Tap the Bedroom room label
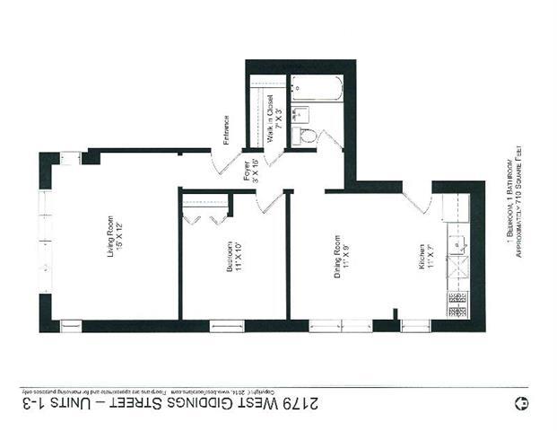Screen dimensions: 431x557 235,259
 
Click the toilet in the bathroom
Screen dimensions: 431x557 306,136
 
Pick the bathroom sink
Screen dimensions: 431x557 300,114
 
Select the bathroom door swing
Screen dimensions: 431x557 331,140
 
